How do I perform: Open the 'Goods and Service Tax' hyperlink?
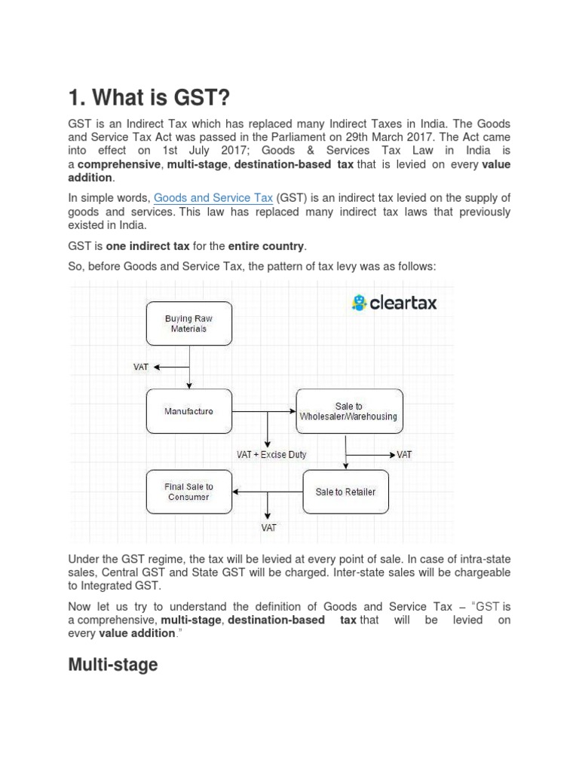tap(213, 198)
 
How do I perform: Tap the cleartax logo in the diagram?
tap(394, 303)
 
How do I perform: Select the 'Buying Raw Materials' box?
tap(188, 324)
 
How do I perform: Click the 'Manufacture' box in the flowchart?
tap(188, 412)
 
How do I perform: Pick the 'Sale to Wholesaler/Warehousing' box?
tap(349, 412)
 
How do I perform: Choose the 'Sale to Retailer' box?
tap(345, 492)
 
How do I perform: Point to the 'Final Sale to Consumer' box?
tap(188, 492)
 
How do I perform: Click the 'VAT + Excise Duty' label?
tap(272, 456)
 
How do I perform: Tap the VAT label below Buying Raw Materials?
tap(141, 367)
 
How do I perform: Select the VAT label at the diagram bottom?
tap(269, 528)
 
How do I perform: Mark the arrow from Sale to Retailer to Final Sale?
tap(268, 492)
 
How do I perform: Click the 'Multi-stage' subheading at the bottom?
tap(113, 665)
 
